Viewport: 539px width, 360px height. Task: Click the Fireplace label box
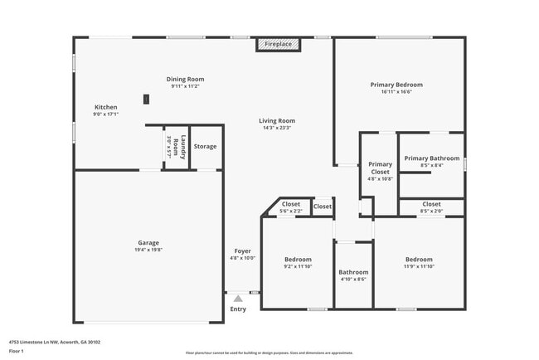coord(278,43)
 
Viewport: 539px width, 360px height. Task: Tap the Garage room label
coord(148,243)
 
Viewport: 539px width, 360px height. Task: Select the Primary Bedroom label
coord(396,85)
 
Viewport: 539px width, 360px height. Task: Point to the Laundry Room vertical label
coord(174,147)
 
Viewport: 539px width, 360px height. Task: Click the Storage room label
coord(205,147)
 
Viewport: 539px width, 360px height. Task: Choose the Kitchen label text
coord(106,107)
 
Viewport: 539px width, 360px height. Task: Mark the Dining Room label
coord(185,79)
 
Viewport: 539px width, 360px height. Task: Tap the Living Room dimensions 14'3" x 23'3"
coord(278,129)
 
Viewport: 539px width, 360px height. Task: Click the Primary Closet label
coord(380,164)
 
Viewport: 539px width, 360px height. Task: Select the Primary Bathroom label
coord(431,158)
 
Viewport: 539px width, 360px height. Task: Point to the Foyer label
coord(242,251)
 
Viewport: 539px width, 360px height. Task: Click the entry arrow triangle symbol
coord(238,298)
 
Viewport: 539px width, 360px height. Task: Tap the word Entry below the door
coord(238,309)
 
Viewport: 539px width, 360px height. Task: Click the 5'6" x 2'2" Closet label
coord(291,204)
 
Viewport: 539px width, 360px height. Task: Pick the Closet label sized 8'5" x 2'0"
coord(431,204)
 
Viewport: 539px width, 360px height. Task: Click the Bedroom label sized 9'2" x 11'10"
coord(298,260)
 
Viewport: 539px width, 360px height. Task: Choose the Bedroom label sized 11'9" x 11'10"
coord(418,260)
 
